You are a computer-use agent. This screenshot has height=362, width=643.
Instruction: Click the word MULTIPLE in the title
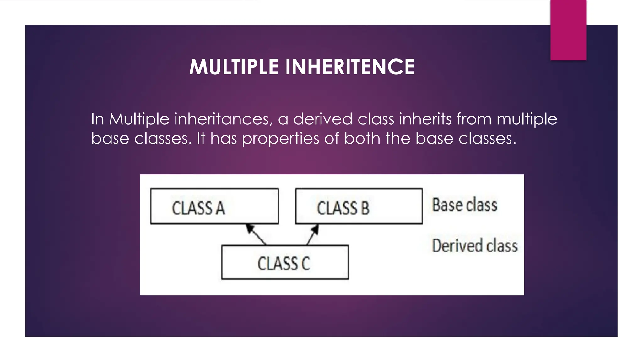coord(234,67)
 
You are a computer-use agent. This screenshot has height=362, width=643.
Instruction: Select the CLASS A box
coord(214,206)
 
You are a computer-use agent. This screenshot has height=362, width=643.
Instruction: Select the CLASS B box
coord(359,206)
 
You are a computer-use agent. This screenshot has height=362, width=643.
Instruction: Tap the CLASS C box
coord(285,262)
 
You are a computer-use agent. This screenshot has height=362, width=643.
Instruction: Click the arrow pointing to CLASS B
coord(313,234)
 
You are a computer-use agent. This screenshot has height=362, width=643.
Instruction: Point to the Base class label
coord(464,205)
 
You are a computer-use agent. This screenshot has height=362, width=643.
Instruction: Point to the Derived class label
coord(474,246)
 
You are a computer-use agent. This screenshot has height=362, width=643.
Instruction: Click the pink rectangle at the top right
coord(568,30)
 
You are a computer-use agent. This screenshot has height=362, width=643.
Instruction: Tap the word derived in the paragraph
coord(323,119)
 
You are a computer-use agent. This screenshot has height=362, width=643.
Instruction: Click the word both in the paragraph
coord(362,138)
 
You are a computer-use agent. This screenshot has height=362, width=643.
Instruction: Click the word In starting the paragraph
coord(97,119)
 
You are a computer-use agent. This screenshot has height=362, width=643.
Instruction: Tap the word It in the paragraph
coord(201,138)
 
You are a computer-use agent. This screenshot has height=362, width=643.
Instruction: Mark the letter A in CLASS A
coord(220,208)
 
